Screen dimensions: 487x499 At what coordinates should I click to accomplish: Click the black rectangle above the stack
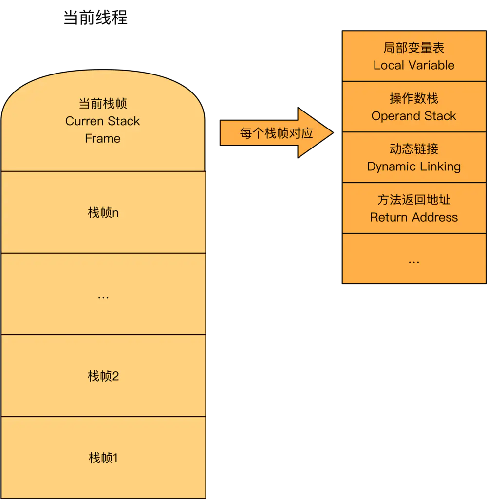(x=95, y=18)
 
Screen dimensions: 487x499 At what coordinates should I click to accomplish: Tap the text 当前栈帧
(x=103, y=104)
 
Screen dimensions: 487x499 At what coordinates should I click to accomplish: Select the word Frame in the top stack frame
(x=103, y=139)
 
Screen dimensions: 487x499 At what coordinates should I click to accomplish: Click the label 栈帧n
(x=103, y=213)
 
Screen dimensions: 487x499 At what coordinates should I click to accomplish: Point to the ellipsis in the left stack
(x=103, y=296)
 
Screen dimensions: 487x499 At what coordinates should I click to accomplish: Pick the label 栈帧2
(x=103, y=376)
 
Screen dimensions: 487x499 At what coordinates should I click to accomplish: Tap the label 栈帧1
(x=103, y=458)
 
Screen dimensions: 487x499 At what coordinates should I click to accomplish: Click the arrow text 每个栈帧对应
(x=276, y=133)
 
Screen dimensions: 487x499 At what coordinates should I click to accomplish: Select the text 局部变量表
(x=414, y=48)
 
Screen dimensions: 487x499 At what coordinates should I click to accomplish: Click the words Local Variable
(x=414, y=65)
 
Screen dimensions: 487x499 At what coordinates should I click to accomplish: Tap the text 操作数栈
(x=414, y=98)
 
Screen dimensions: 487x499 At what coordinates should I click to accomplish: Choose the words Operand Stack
(x=414, y=116)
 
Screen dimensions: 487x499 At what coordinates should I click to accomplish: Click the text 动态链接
(x=414, y=149)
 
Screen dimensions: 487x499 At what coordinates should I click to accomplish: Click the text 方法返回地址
(x=414, y=200)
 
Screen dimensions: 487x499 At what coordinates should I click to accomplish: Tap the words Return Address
(x=414, y=217)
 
